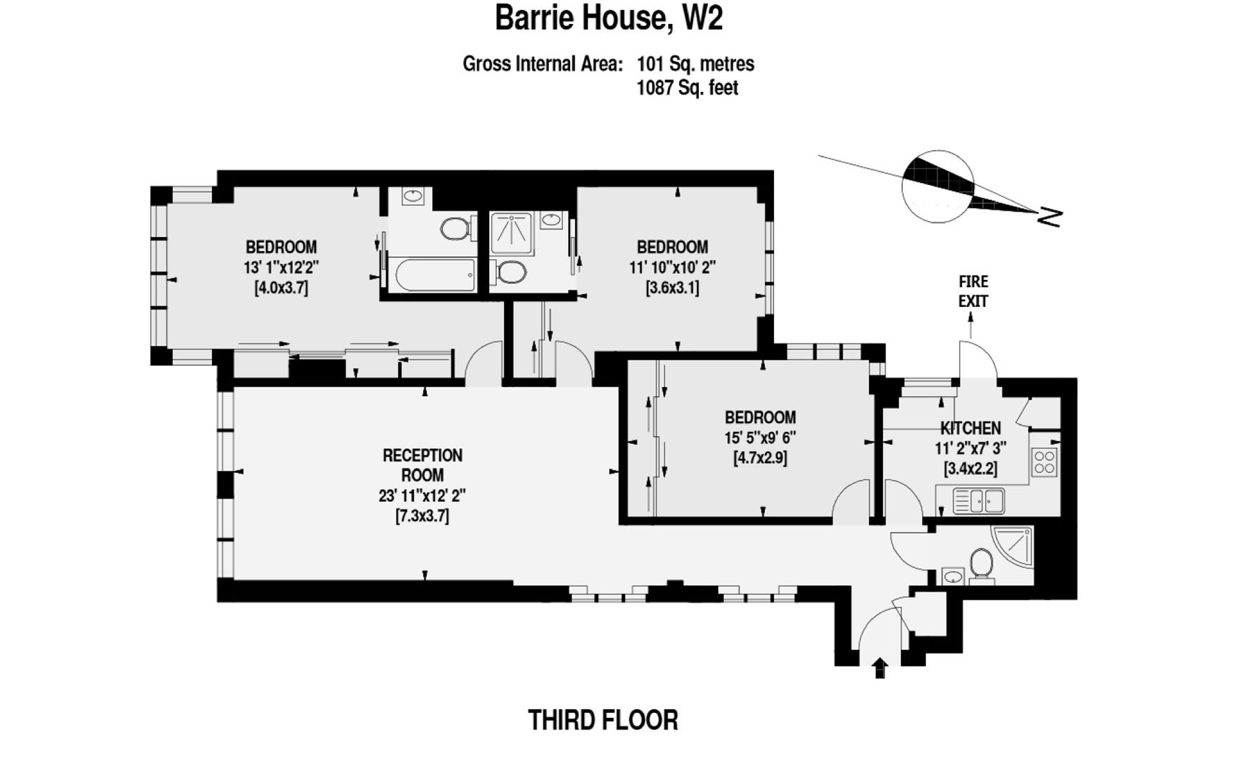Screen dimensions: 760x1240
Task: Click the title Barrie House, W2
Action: tap(609, 18)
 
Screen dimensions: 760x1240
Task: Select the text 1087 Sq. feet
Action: tap(687, 88)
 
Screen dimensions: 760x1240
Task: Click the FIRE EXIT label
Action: tap(973, 291)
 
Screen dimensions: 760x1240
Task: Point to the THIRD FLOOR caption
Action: tap(603, 721)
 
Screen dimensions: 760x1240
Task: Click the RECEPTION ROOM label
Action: tap(422, 465)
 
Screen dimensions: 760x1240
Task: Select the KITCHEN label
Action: tap(970, 428)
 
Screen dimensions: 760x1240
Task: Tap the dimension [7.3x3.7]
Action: tap(422, 516)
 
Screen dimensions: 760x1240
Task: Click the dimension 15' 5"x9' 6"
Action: tap(760, 437)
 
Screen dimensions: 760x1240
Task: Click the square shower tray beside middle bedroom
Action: tap(512, 233)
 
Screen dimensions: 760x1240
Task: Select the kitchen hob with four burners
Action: tap(1044, 462)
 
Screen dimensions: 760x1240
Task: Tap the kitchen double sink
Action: tap(978, 502)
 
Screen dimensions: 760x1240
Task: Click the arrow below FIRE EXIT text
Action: tap(971, 325)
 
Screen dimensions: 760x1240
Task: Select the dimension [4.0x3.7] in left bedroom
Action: tap(281, 288)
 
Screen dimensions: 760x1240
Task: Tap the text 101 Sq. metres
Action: tap(695, 64)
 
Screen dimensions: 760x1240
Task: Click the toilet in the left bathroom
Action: tap(456, 228)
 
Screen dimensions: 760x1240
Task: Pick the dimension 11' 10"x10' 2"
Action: tap(672, 267)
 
